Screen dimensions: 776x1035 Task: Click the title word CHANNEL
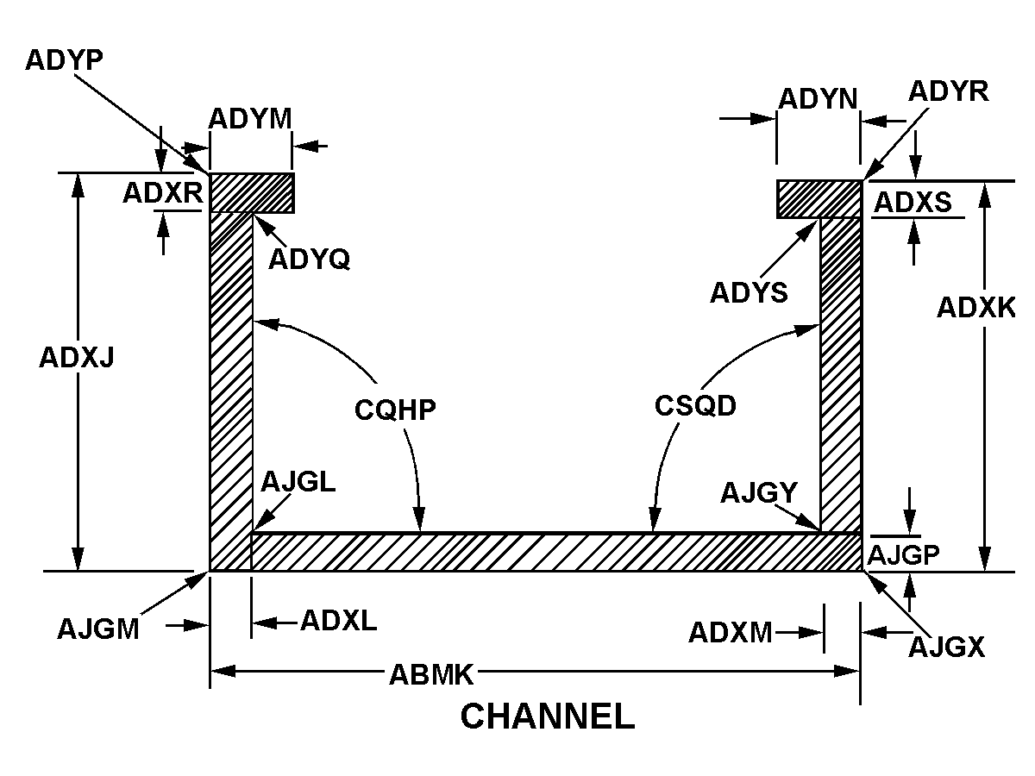pyautogui.click(x=547, y=717)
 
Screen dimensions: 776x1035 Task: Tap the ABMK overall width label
pyautogui.click(x=432, y=673)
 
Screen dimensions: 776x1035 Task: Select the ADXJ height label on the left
pyautogui.click(x=77, y=357)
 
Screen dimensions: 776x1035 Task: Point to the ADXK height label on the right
pyautogui.click(x=976, y=308)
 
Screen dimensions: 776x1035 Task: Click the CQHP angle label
pyautogui.click(x=395, y=409)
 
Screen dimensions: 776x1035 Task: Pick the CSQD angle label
pyautogui.click(x=695, y=405)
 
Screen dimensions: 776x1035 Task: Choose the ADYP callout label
pyautogui.click(x=65, y=59)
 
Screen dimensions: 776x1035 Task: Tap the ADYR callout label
pyautogui.click(x=949, y=91)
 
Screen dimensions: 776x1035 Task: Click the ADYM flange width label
pyautogui.click(x=250, y=118)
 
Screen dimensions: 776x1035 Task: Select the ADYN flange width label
pyautogui.click(x=818, y=100)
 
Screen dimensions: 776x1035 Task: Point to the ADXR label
pyautogui.click(x=162, y=194)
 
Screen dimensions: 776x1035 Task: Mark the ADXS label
pyautogui.click(x=913, y=203)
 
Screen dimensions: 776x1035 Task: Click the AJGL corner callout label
pyautogui.click(x=298, y=482)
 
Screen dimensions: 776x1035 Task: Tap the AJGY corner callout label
pyautogui.click(x=759, y=493)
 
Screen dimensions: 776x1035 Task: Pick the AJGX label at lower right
pyautogui.click(x=946, y=646)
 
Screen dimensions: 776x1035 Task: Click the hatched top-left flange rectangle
pyautogui.click(x=252, y=192)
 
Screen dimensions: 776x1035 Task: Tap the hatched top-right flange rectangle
pyautogui.click(x=819, y=199)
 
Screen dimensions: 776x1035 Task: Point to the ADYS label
pyautogui.click(x=749, y=293)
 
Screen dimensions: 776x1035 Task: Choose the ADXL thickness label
pyautogui.click(x=338, y=621)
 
